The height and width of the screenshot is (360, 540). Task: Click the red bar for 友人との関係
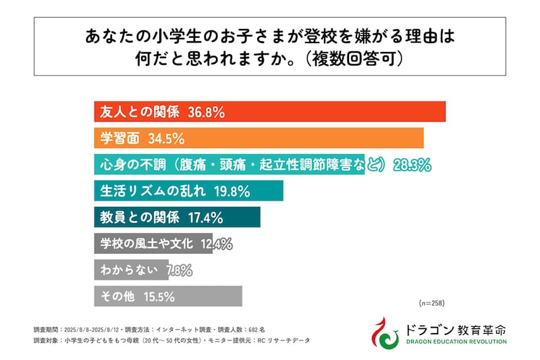337,111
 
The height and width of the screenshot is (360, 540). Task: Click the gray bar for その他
202,296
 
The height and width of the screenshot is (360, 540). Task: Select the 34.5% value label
165,138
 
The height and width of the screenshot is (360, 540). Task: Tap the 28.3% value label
410,164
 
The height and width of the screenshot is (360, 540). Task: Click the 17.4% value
205,217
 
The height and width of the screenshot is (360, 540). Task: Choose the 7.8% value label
178,269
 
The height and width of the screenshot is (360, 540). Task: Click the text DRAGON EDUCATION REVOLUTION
456,342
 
